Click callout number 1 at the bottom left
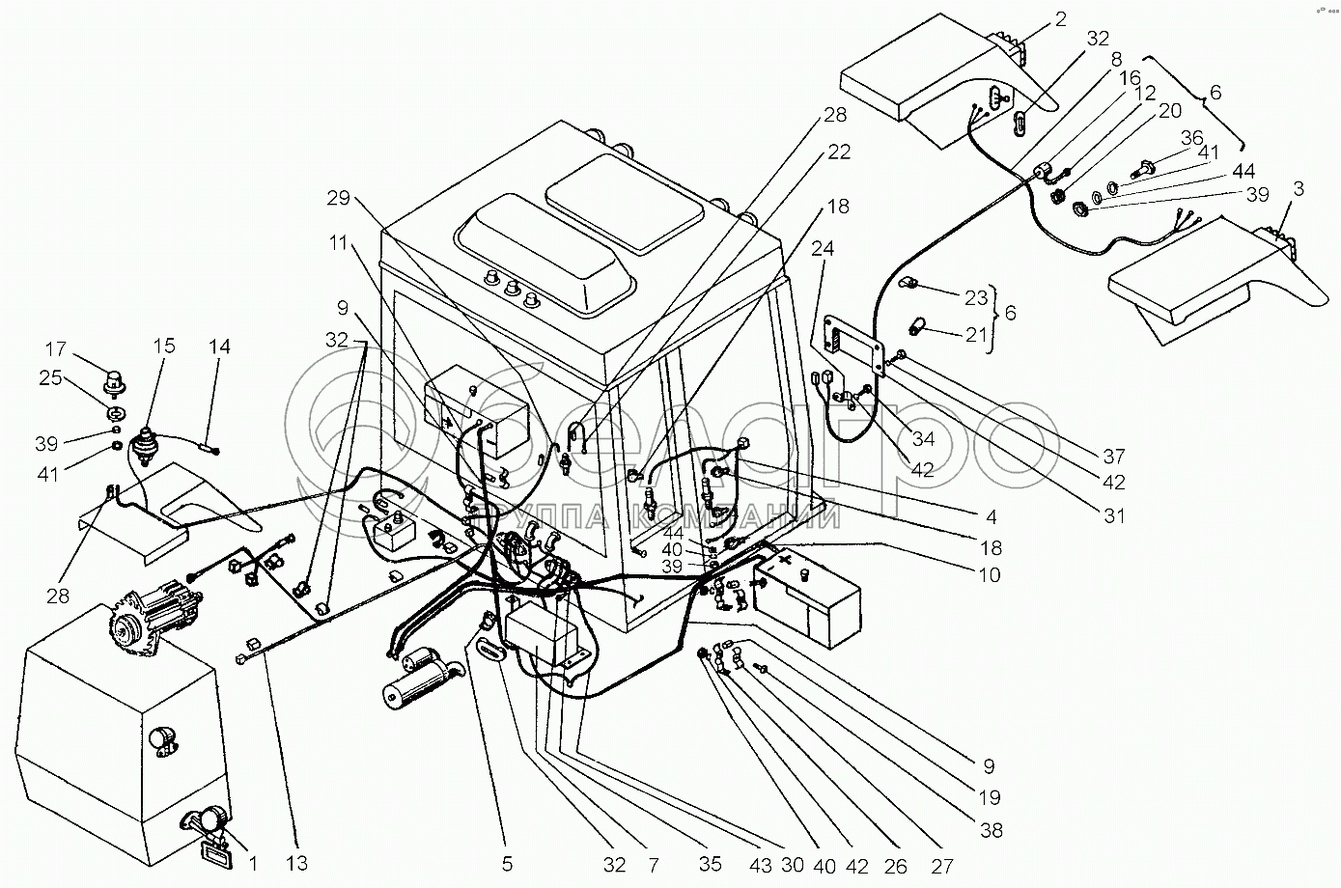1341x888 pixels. [252, 864]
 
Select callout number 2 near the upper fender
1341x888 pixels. [1060, 18]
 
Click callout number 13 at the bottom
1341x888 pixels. [295, 864]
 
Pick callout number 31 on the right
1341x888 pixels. [1115, 515]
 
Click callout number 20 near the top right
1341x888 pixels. [1169, 111]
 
